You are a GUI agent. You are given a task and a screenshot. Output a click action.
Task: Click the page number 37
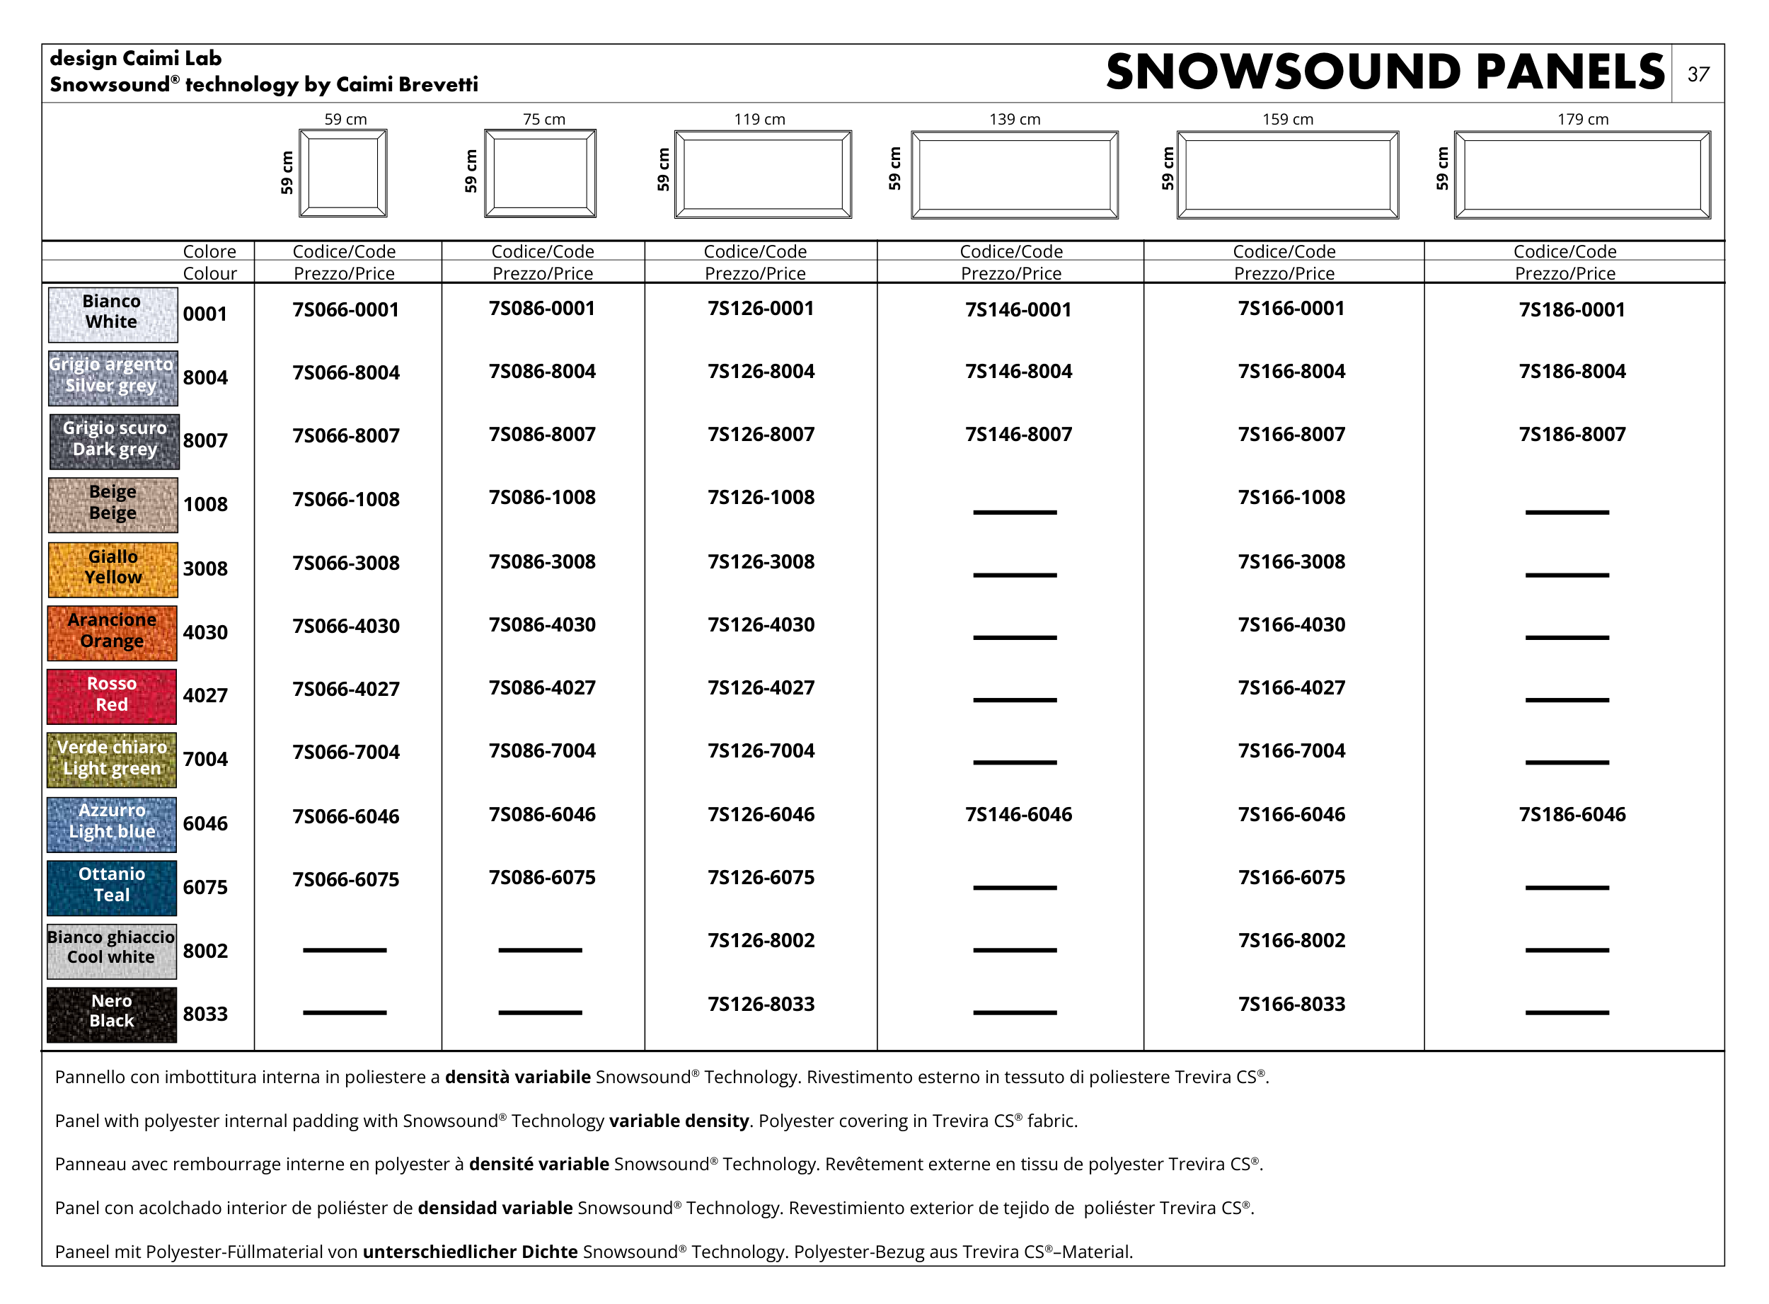pos(1698,74)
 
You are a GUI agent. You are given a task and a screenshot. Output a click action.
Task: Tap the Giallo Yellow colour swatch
pos(112,568)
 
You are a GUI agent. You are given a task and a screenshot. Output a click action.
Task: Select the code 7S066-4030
pos(345,626)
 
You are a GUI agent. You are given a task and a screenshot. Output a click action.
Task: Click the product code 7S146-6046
pos(1018,814)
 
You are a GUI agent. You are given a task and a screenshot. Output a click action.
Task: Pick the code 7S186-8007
pos(1572,434)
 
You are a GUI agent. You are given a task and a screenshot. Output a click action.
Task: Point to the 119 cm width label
pos(759,119)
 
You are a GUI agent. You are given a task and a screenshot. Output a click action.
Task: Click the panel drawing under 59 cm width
pos(343,173)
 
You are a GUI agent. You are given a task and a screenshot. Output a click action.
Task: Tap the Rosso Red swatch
pos(112,695)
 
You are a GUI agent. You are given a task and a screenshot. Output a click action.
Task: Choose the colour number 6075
pos(205,887)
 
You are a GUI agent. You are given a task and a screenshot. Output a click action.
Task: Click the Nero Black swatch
pos(112,1014)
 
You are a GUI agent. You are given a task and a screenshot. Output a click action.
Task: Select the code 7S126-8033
pos(761,1004)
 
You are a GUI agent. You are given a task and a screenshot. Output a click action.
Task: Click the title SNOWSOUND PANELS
pos(1385,73)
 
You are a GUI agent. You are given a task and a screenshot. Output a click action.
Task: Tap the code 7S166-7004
pos(1291,750)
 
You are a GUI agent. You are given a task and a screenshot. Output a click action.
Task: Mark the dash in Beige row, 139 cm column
pos(1014,513)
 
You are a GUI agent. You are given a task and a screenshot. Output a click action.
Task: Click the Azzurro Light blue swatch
pos(112,823)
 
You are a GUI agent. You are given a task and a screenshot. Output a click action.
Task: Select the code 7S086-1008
pos(542,497)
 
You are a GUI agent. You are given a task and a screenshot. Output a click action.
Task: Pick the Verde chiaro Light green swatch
pos(112,760)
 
